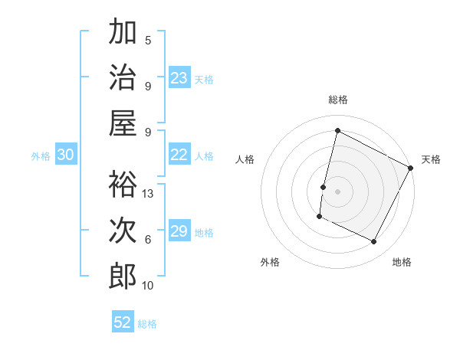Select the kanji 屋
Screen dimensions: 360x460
click(123, 123)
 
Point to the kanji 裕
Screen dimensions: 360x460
click(123, 184)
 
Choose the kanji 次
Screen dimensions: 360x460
click(123, 230)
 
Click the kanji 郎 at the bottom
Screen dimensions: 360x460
click(123, 276)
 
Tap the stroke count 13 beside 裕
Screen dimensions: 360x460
click(149, 194)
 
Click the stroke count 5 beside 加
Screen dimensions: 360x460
click(148, 40)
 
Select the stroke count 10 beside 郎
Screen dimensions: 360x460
click(149, 286)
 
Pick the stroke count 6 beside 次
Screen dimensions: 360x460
click(148, 240)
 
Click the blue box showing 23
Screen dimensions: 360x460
click(179, 78)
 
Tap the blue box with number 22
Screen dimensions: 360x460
click(179, 155)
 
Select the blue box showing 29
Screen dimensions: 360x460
click(179, 232)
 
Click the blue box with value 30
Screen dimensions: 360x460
click(65, 155)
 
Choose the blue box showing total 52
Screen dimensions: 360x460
click(123, 322)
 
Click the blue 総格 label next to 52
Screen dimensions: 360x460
click(147, 324)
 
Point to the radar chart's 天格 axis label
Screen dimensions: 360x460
click(431, 159)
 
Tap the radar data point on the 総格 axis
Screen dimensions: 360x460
click(337, 131)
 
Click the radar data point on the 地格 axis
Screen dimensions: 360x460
click(374, 242)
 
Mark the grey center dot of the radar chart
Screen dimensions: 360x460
click(337, 191)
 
